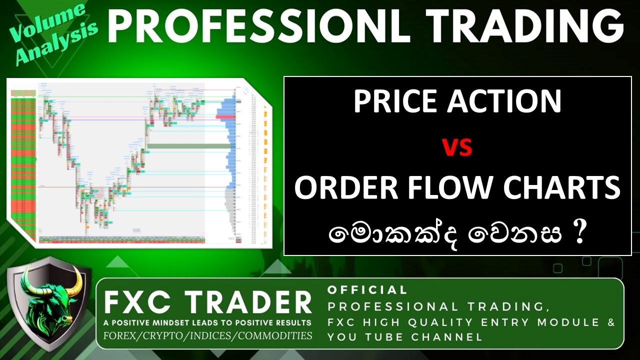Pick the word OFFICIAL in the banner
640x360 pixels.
pyautogui.click(x=367, y=290)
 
